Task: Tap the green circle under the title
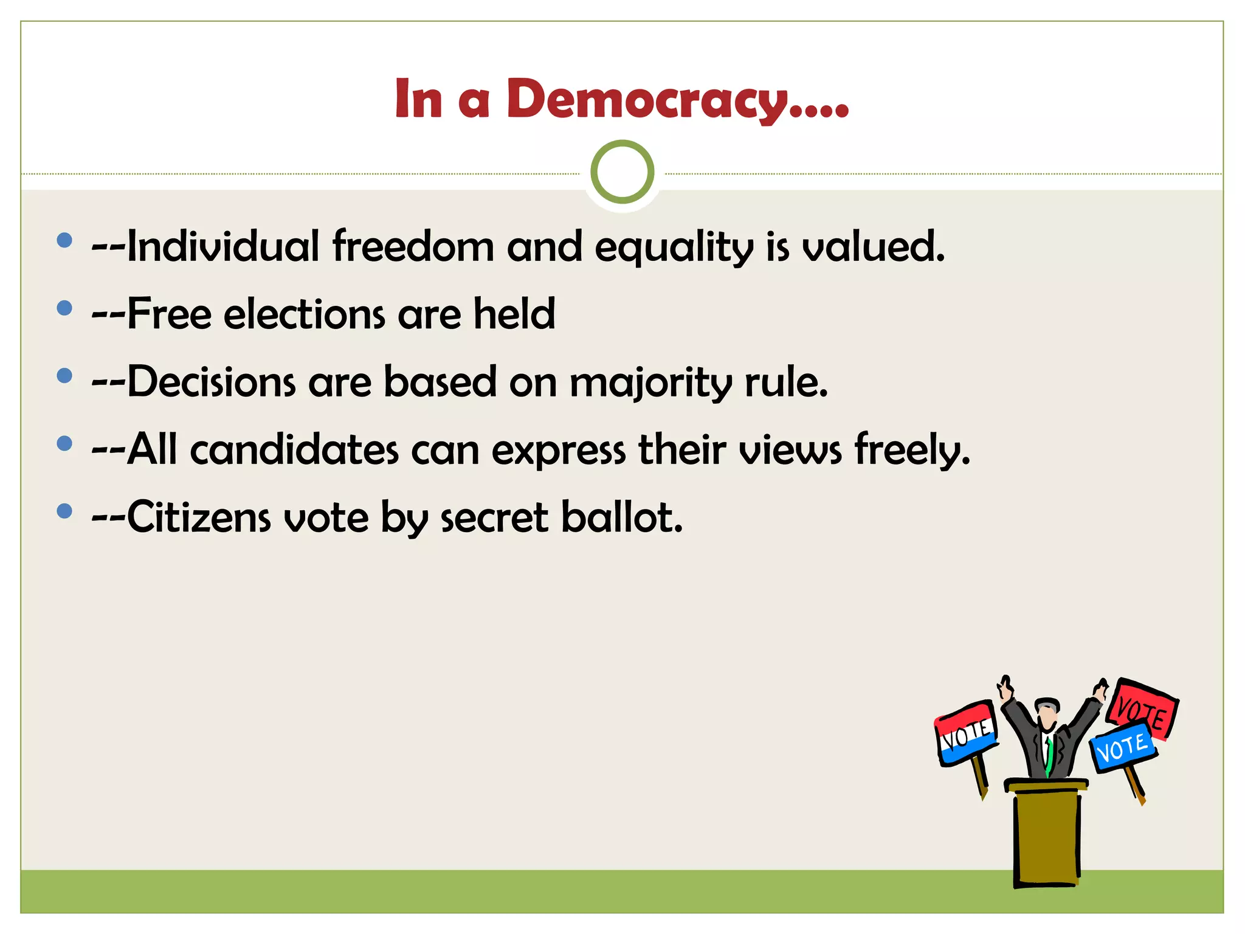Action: tap(622, 171)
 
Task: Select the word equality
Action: tap(674, 248)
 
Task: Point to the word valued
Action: tap(873, 246)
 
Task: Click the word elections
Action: tap(304, 314)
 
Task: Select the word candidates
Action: tap(294, 450)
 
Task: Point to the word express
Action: tap(558, 452)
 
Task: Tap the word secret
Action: tap(494, 519)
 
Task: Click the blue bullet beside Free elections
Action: tap(64, 308)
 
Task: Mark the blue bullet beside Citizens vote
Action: tap(64, 511)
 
